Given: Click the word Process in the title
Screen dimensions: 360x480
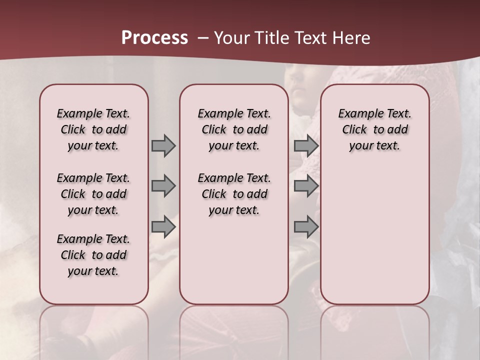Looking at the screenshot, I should tap(154, 38).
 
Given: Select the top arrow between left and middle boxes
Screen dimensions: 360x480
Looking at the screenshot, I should tap(163, 145).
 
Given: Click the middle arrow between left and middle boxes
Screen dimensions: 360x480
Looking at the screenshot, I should tap(163, 186).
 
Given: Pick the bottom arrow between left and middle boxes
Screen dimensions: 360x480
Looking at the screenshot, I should tap(163, 227).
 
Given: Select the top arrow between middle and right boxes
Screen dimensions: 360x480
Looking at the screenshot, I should tap(306, 145).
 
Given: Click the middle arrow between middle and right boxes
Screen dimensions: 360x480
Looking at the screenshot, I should tap(306, 186).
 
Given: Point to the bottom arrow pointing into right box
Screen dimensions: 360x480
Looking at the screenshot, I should tap(306, 227).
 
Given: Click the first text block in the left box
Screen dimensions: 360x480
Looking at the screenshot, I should tap(93, 129).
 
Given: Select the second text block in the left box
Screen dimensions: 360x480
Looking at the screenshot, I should tap(93, 194).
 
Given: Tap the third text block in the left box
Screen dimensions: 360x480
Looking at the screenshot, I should tap(93, 255).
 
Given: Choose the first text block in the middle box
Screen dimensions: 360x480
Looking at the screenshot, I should tap(234, 129).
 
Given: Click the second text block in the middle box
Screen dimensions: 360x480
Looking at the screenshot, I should tap(234, 194).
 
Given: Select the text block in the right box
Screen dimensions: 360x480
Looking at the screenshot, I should tap(374, 129).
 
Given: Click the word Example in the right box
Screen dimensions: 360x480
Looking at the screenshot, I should tap(357, 114).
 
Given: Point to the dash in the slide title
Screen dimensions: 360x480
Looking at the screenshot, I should tap(203, 38).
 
